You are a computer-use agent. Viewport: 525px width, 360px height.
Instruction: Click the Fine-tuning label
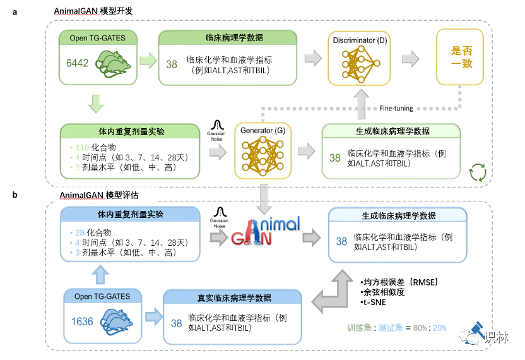click(396, 108)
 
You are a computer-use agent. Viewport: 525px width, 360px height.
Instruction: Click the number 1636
click(82, 321)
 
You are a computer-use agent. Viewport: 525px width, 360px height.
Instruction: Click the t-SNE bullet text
click(373, 304)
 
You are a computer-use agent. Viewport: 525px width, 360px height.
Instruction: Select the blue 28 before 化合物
click(80, 232)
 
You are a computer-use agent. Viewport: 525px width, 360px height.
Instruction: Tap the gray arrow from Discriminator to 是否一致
click(411, 59)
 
